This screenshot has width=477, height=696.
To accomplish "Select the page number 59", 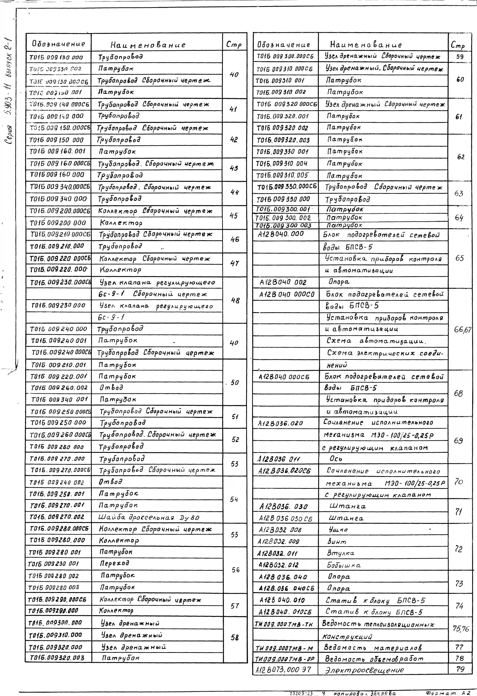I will tap(460, 57).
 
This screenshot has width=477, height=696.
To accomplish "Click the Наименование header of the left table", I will tap(148, 45).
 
